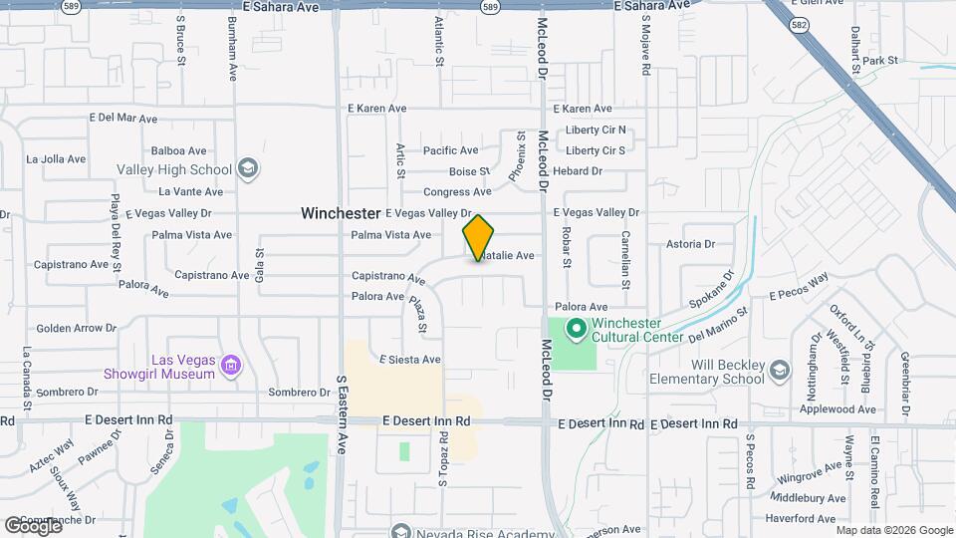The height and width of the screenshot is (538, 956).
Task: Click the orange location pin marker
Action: [479, 238]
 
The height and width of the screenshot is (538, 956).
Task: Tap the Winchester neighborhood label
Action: [342, 213]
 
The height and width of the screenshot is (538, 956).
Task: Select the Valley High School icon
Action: [247, 169]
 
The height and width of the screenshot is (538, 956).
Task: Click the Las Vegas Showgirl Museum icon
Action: [231, 367]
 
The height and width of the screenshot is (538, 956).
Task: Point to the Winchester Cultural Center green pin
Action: [575, 328]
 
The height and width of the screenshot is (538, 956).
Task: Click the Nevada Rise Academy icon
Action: [400, 531]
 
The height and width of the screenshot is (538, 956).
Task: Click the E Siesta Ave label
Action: [410, 360]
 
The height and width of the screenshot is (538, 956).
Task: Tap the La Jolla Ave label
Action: [58, 158]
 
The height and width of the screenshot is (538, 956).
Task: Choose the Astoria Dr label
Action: [691, 244]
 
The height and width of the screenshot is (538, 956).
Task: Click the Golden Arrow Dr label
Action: [76, 328]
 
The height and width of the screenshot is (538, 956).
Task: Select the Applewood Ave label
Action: [838, 409]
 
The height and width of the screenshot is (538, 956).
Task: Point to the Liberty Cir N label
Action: [596, 130]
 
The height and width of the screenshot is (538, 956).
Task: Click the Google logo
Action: [34, 526]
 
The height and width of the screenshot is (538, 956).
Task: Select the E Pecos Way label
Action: [799, 287]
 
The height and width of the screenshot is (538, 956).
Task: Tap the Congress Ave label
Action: [457, 192]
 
